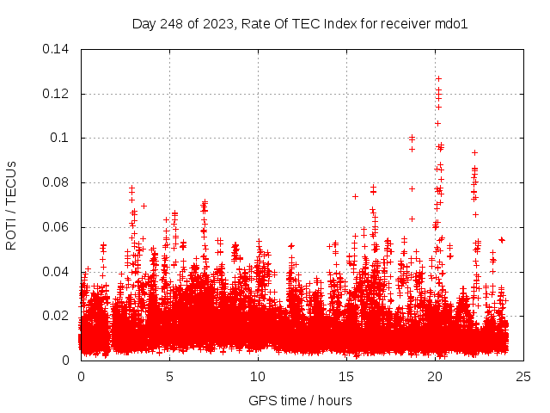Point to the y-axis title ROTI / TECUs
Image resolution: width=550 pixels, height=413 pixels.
click(11, 204)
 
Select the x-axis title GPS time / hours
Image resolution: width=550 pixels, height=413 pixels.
click(300, 400)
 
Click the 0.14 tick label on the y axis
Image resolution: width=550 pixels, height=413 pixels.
click(58, 48)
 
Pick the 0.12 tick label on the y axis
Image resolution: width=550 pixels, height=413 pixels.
click(58, 93)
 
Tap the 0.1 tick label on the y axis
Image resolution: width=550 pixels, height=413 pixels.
click(62, 138)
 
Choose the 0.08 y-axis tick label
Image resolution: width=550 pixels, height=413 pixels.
click(58, 182)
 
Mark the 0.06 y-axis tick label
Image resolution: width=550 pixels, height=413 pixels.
click(58, 227)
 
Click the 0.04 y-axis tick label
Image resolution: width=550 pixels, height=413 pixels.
click(58, 272)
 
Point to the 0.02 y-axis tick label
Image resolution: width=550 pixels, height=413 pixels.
click(58, 316)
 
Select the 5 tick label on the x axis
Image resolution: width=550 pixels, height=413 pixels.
click(170, 377)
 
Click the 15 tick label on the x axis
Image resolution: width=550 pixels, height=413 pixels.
click(347, 377)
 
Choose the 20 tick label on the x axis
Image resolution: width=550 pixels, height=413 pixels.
click(436, 377)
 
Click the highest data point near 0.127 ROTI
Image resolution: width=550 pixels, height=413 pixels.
click(438, 78)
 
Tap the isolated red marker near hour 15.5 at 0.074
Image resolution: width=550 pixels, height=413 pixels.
click(355, 196)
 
